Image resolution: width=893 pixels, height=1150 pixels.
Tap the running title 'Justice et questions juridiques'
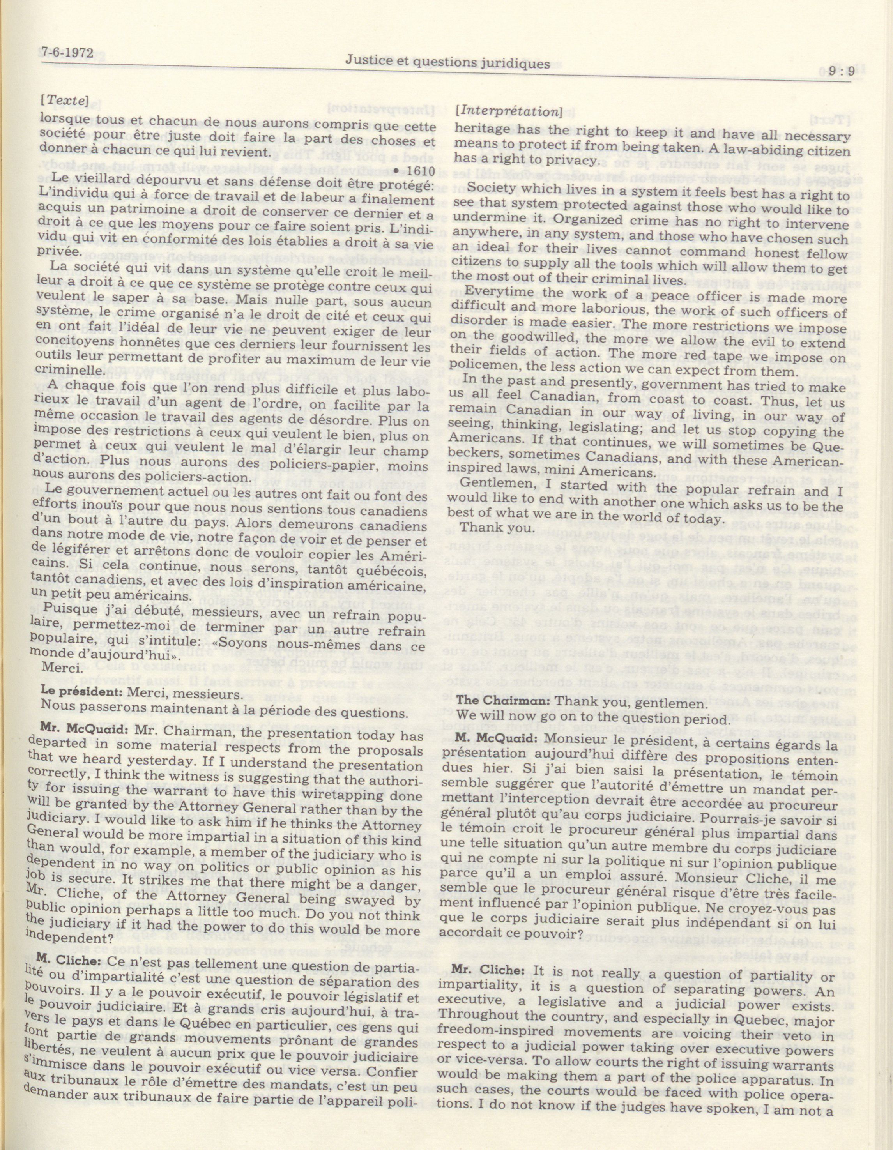point(447,63)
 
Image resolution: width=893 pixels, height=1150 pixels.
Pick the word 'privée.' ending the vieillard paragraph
point(57,251)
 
